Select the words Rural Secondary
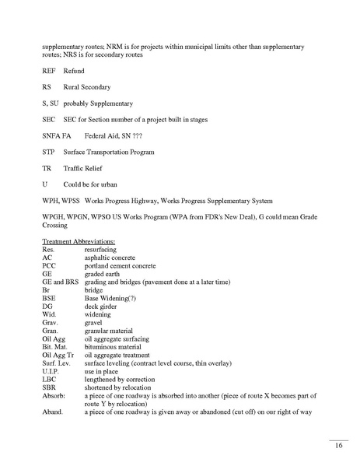click(x=87, y=86)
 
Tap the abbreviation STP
click(x=48, y=151)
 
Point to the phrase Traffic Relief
click(x=85, y=167)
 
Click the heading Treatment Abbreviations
click(x=79, y=241)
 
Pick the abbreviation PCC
click(x=49, y=265)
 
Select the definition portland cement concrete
click(x=121, y=265)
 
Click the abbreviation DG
click(x=47, y=306)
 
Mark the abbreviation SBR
click(x=49, y=387)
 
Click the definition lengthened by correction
click(x=121, y=378)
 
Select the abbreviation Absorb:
click(x=54, y=394)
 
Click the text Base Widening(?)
click(x=114, y=297)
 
